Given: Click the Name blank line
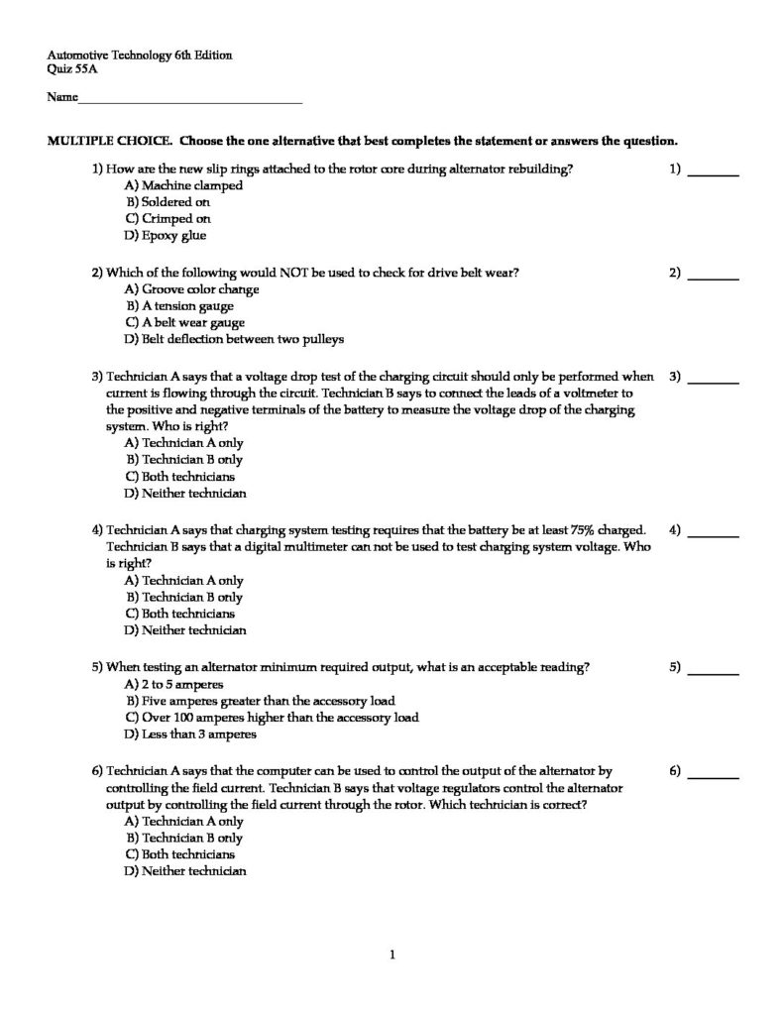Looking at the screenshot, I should [189, 101].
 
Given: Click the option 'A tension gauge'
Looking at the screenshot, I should [180, 306].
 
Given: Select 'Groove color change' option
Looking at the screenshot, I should [192, 289].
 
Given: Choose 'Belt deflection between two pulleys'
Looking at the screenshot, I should [235, 340].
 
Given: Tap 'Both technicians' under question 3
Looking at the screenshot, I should [180, 477].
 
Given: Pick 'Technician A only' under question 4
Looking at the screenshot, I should [184, 581].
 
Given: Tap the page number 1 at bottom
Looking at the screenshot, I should [392, 956].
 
